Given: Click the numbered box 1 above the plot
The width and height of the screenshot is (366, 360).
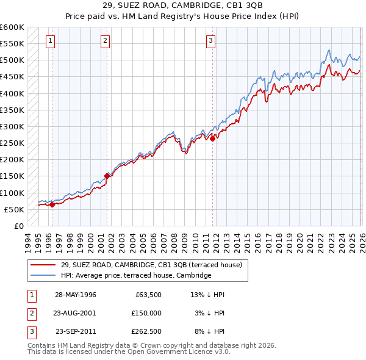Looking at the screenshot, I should [50, 41].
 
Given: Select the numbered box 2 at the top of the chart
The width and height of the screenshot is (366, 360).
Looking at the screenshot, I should [106, 41].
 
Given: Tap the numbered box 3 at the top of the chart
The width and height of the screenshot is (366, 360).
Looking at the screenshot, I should [210, 41].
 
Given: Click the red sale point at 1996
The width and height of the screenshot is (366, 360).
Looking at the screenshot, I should [52, 204].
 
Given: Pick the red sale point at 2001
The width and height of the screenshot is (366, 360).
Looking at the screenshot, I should [107, 176].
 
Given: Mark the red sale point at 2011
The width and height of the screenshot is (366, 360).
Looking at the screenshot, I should [212, 139].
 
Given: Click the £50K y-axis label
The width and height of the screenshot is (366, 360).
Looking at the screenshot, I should [14, 209].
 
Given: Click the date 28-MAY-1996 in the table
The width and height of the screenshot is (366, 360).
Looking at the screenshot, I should [76, 295].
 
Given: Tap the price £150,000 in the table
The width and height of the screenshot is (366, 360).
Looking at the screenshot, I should [146, 313].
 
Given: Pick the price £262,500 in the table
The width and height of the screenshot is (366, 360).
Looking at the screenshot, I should [146, 331].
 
